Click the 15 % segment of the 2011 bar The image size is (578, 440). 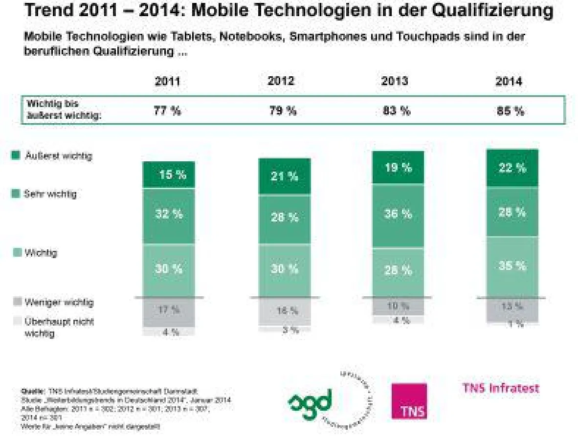point(169,175)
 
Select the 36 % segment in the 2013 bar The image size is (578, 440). point(398,214)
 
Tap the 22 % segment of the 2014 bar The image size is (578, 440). point(512,168)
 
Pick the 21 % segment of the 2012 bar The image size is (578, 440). point(284,176)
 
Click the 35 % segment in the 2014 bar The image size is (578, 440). point(512,266)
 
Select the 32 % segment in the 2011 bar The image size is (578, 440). point(169,215)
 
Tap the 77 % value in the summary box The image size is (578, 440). point(168,111)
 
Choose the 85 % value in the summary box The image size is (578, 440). point(510,111)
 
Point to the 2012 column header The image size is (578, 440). point(281,81)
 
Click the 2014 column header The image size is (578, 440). point(508,81)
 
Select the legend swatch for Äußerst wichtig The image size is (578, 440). point(16,156)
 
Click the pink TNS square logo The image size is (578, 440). point(409,401)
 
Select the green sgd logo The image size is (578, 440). point(310,399)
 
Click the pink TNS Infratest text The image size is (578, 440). point(500,388)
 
